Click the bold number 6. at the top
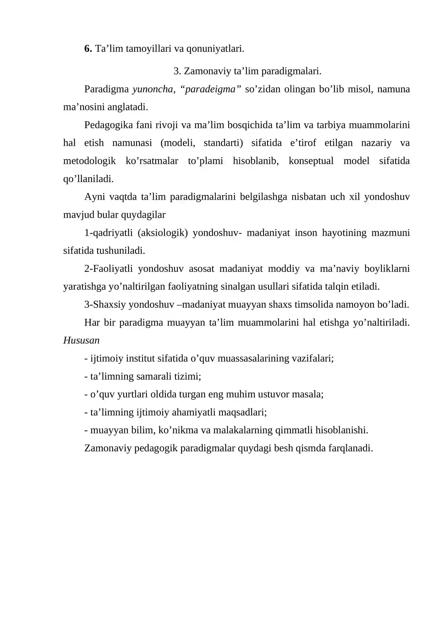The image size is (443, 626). pyautogui.click(x=88, y=49)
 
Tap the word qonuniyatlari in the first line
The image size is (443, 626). pyautogui.click(x=215, y=49)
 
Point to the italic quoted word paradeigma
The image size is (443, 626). pyautogui.click(x=210, y=89)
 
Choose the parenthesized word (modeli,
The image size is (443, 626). pyautogui.click(x=177, y=143)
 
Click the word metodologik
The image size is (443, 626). pyautogui.click(x=89, y=161)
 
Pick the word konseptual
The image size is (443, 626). pyautogui.click(x=311, y=161)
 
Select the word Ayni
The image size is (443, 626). pyautogui.click(x=95, y=197)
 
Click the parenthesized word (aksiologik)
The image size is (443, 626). pyautogui.click(x=163, y=233)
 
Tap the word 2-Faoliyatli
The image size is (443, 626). pyautogui.click(x=109, y=268)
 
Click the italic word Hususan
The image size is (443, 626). pyautogui.click(x=81, y=340)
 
